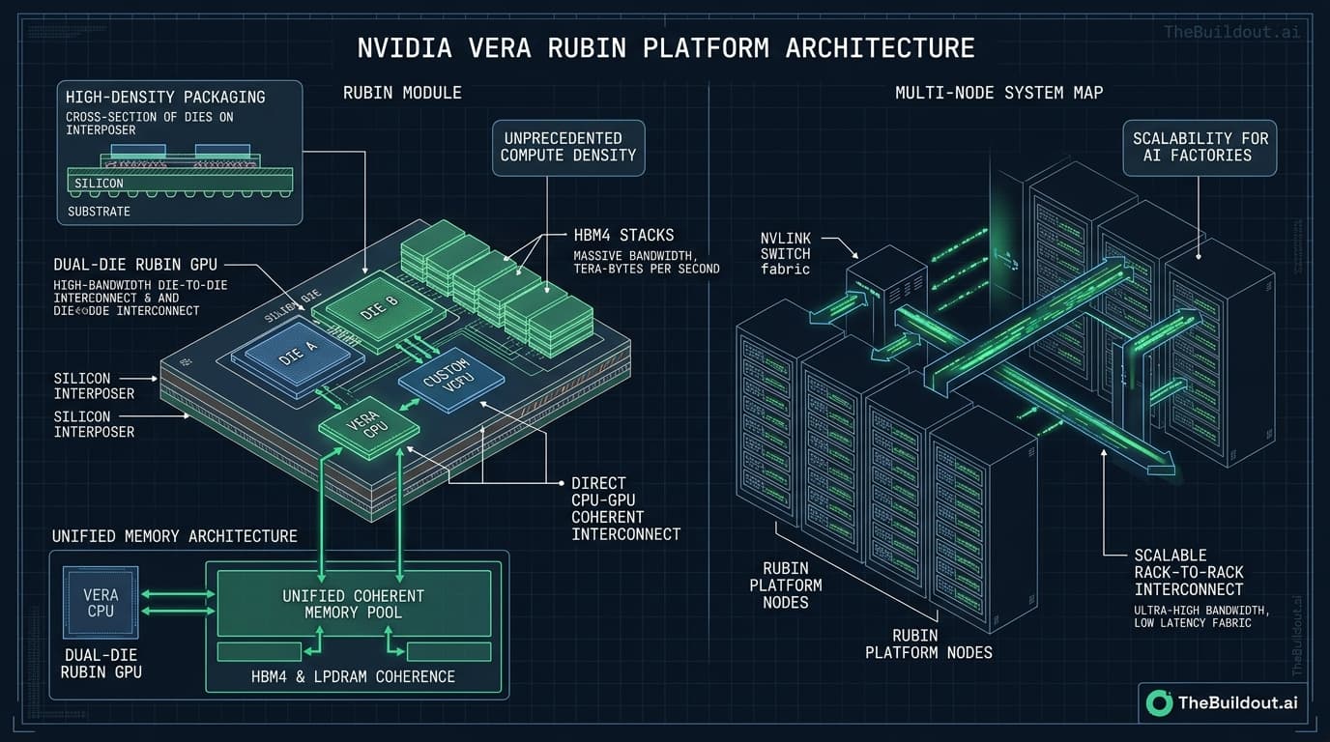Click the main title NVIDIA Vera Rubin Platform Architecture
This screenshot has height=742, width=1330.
(665, 46)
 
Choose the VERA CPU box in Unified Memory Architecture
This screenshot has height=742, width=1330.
(101, 603)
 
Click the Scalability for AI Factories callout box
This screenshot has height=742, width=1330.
(1198, 147)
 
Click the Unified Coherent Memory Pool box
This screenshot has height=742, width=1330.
(353, 604)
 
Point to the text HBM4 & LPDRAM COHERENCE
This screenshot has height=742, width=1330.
(353, 676)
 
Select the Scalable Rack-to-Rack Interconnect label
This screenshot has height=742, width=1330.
(1189, 572)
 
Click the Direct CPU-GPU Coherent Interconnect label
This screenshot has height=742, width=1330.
(625, 508)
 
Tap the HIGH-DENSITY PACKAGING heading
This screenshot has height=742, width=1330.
(164, 98)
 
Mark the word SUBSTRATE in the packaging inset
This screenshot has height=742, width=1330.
(100, 211)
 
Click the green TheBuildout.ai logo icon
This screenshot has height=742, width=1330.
(1159, 703)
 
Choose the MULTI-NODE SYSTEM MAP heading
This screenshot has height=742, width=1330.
(998, 93)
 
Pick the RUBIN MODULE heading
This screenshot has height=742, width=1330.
(402, 93)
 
